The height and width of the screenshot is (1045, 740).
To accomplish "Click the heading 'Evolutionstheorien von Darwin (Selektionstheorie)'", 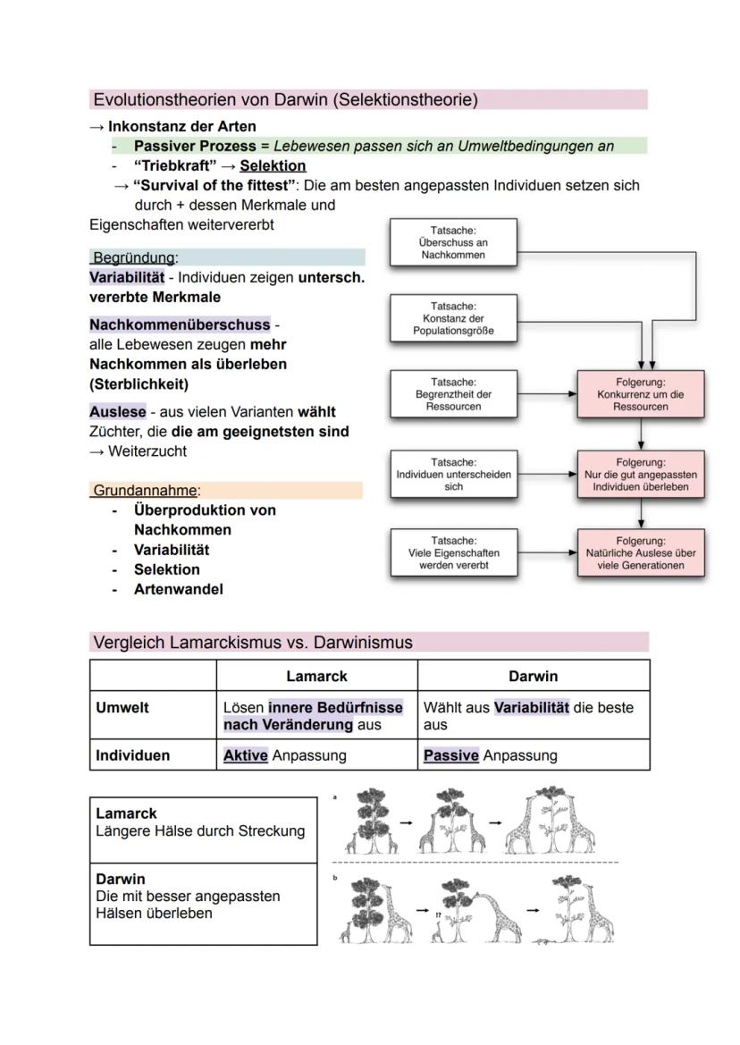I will tap(285, 99).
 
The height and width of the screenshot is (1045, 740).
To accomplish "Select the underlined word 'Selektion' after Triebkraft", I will tap(273, 165).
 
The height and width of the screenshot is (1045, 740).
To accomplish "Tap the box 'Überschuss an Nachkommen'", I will tap(453, 242).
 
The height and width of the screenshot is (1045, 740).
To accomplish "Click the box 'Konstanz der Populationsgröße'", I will tap(453, 319).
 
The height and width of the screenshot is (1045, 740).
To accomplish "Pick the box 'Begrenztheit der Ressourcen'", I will tap(453, 394).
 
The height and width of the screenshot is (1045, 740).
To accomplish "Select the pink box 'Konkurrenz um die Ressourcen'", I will tap(641, 394).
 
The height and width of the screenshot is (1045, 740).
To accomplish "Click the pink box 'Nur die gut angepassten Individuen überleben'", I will tap(641, 475).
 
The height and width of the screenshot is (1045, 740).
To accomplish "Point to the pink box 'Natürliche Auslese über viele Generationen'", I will tap(641, 553).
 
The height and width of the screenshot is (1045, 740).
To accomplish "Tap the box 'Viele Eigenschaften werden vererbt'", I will tap(453, 553).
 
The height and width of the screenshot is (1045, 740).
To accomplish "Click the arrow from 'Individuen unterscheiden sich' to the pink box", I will tap(547, 475).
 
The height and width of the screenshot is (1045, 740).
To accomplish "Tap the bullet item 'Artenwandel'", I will tap(179, 589).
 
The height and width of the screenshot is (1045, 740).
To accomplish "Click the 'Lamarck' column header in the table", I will tap(316, 676).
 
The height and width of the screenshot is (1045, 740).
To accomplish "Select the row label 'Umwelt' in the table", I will tap(122, 707).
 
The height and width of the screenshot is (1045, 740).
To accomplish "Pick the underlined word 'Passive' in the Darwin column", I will tap(451, 755).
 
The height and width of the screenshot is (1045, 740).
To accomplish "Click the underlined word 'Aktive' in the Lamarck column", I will tap(246, 755).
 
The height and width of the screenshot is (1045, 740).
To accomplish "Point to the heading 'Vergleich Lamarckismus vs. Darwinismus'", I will tap(253, 642).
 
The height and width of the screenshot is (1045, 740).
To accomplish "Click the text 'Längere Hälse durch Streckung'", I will tap(200, 830).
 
